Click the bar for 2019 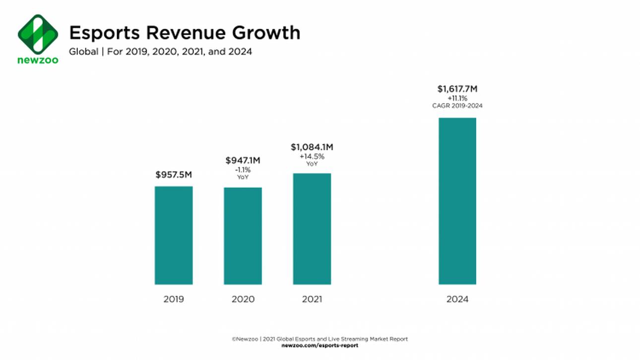(x=174, y=235)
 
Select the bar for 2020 (x=243, y=236)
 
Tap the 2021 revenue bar (x=312, y=229)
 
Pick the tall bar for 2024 (x=457, y=201)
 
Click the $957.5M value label (x=174, y=175)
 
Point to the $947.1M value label (x=243, y=160)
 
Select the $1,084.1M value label (x=312, y=147)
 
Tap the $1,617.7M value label (x=457, y=89)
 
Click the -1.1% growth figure (x=243, y=170)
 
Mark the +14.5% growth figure (x=312, y=157)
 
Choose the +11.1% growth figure (x=457, y=99)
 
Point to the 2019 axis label (x=174, y=300)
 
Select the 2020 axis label (x=243, y=300)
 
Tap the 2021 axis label (x=312, y=300)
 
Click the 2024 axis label (x=457, y=300)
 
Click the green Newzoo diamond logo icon (x=38, y=34)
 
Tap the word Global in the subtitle (x=83, y=51)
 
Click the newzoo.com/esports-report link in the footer (x=320, y=345)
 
